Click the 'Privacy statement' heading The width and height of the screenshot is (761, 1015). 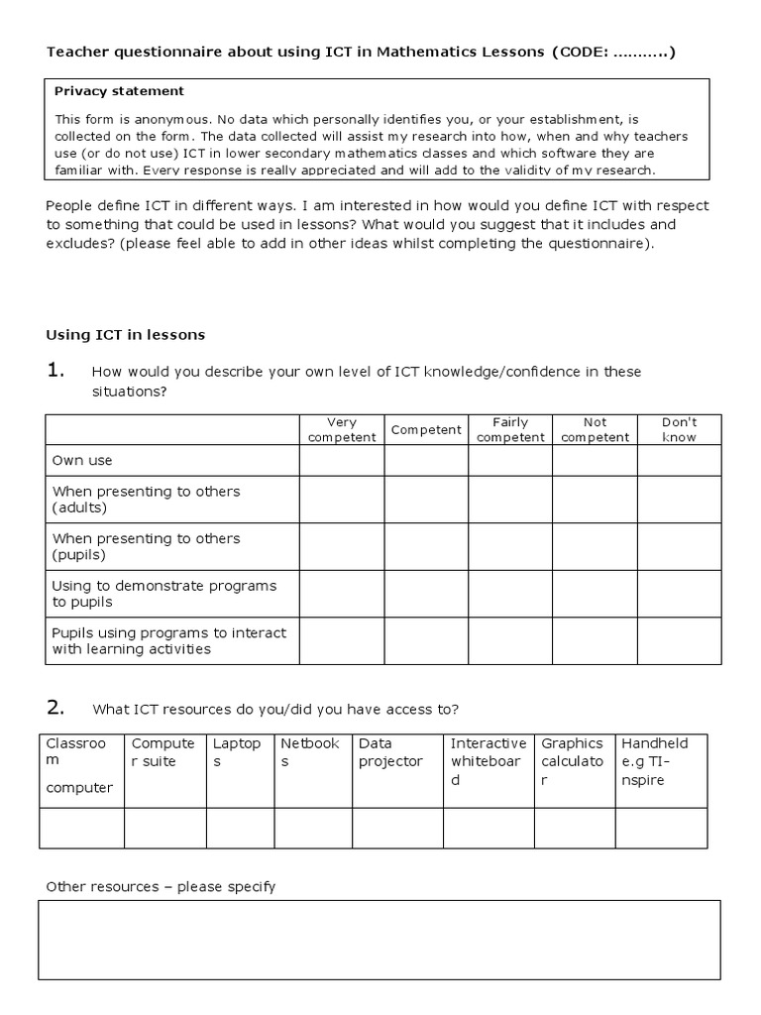(119, 91)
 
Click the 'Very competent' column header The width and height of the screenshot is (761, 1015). (342, 429)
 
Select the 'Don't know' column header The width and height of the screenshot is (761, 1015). (679, 429)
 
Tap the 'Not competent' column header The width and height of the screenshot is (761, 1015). (595, 429)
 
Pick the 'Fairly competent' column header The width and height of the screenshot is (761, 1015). (510, 429)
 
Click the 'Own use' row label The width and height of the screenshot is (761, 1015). (82, 461)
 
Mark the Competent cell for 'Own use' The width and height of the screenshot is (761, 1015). (426, 461)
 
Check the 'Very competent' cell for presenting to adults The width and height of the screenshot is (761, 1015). (342, 500)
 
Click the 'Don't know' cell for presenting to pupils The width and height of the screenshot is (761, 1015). (679, 546)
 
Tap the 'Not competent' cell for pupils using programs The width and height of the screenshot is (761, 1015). (595, 640)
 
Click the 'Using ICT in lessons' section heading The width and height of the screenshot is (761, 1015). (126, 335)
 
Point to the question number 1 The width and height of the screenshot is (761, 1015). (55, 372)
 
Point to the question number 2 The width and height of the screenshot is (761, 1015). (55, 708)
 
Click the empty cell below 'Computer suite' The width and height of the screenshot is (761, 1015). (164, 828)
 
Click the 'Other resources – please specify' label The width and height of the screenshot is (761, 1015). (161, 887)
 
